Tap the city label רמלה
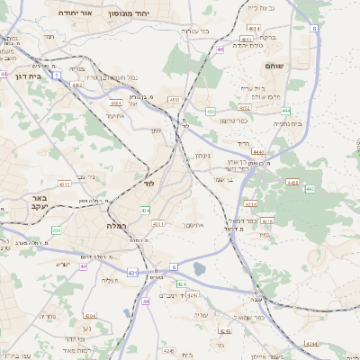click(117, 225)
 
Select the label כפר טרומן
click(232, 121)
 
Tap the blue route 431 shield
click(131, 273)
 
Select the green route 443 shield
click(310, 189)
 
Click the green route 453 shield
click(210, 112)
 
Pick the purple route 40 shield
click(220, 49)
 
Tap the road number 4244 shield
click(310, 343)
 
